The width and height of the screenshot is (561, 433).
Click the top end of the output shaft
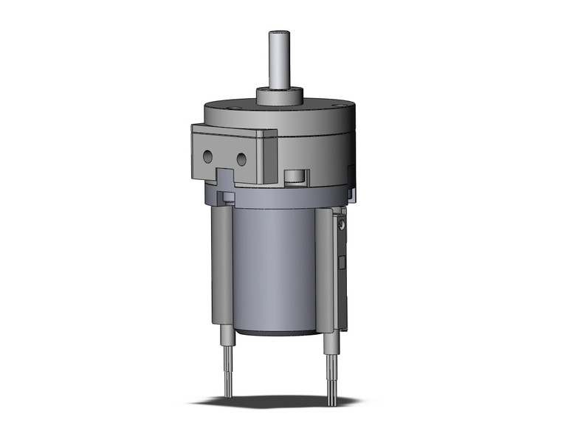[279, 32]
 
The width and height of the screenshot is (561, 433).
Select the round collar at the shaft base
[279, 94]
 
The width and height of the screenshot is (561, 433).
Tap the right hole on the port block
[241, 158]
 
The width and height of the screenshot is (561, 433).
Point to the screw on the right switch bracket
[341, 222]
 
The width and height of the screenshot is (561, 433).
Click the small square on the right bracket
[341, 263]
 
